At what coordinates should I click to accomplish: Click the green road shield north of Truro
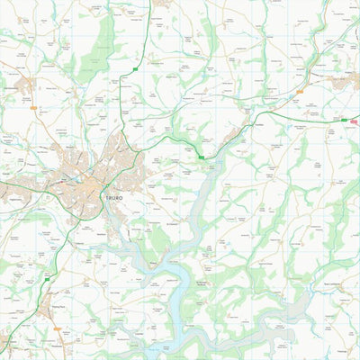pyautogui.click(x=135, y=69)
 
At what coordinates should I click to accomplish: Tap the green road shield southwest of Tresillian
pyautogui.click(x=201, y=157)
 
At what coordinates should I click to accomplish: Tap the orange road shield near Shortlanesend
pyautogui.click(x=34, y=108)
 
